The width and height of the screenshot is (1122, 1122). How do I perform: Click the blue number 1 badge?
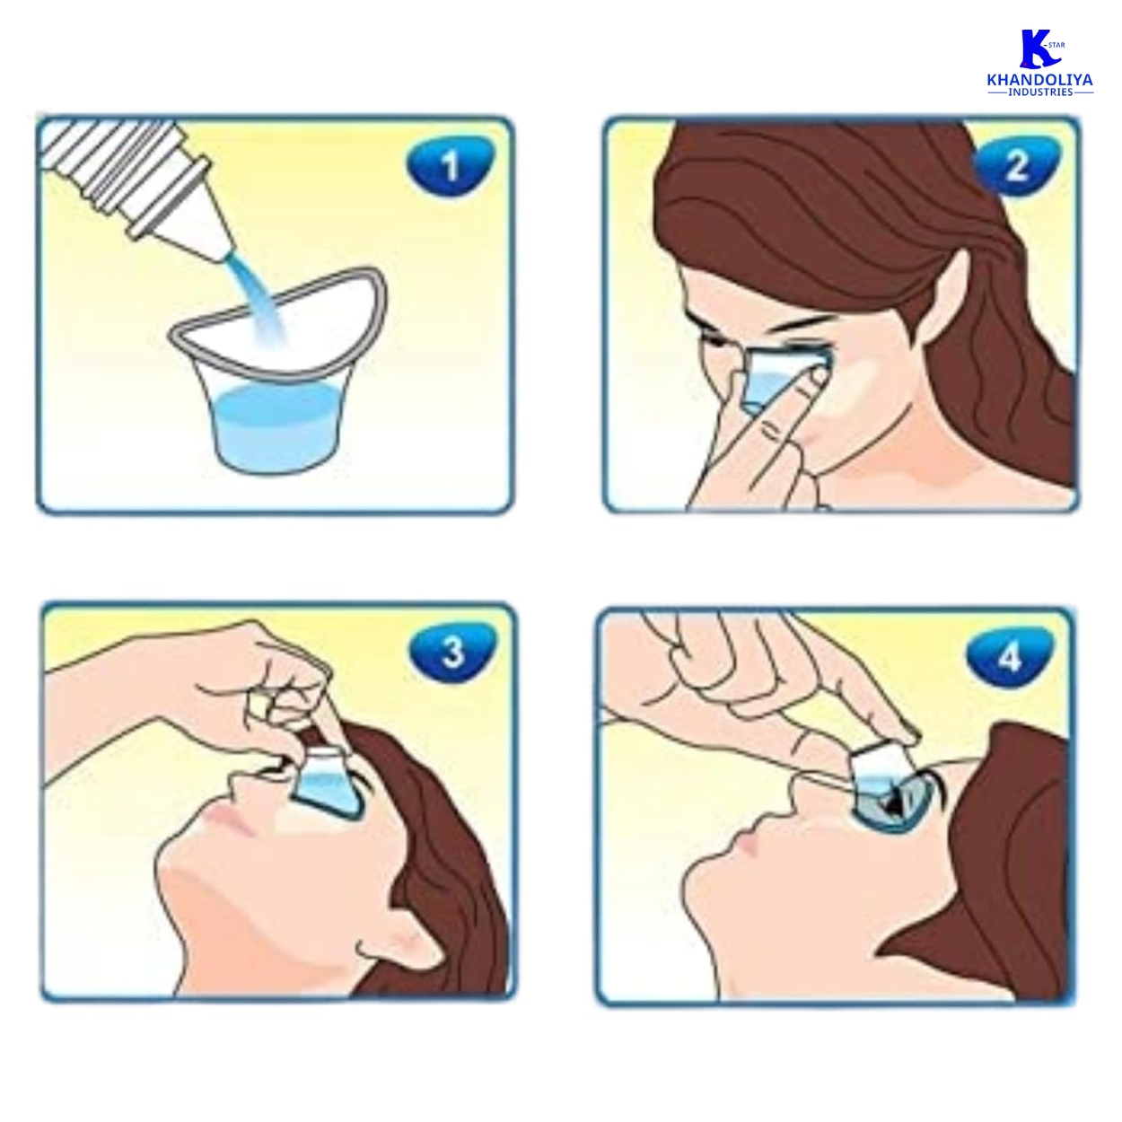click(450, 166)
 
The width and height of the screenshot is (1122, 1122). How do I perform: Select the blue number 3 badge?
click(452, 653)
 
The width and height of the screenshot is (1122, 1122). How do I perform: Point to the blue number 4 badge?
click(1010, 659)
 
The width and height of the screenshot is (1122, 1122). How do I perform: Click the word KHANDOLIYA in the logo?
click(1040, 80)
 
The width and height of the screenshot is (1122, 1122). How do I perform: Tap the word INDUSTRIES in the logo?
click(1040, 92)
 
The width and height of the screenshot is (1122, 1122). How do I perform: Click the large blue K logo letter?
click(1037, 48)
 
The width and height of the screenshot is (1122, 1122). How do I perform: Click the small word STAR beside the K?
click(1056, 45)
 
